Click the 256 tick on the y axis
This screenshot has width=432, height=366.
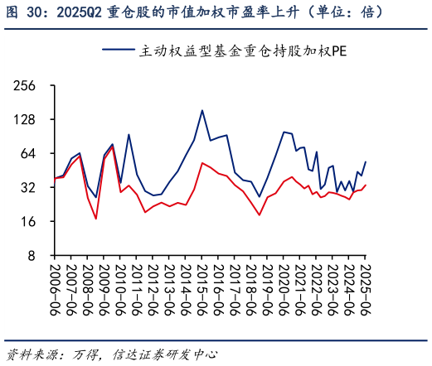click(27, 86)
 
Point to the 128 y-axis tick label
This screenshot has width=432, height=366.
click(27, 120)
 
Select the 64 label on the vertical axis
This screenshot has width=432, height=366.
click(31, 154)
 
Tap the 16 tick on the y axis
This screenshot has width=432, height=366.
click(31, 222)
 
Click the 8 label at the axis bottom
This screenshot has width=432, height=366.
click(34, 256)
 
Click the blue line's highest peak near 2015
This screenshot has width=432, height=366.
click(202, 110)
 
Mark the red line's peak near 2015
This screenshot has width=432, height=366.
click(202, 163)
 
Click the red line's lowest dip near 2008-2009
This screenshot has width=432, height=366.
click(96, 219)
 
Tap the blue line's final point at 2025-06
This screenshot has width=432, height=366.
click(366, 161)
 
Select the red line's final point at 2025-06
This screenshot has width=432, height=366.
click(366, 185)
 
